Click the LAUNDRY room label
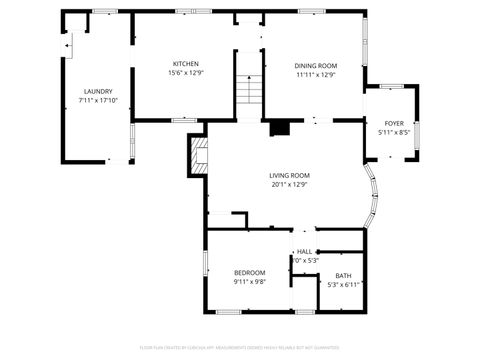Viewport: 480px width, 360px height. (98, 91)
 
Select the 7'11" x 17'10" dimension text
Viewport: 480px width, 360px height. (98, 101)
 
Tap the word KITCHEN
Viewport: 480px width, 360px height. (185, 63)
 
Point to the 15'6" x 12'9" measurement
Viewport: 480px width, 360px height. (185, 73)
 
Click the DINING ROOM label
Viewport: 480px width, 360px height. (315, 66)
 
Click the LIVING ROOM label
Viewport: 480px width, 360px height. (289, 175)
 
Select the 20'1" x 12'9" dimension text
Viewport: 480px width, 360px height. (289, 185)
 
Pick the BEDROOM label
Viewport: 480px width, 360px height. (249, 272)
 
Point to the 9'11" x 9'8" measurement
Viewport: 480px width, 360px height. (249, 282)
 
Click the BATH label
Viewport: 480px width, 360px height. (343, 275)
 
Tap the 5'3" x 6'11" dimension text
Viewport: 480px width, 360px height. (343, 285)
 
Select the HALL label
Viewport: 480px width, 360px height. (304, 251)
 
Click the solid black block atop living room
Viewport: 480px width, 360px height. (281, 128)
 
